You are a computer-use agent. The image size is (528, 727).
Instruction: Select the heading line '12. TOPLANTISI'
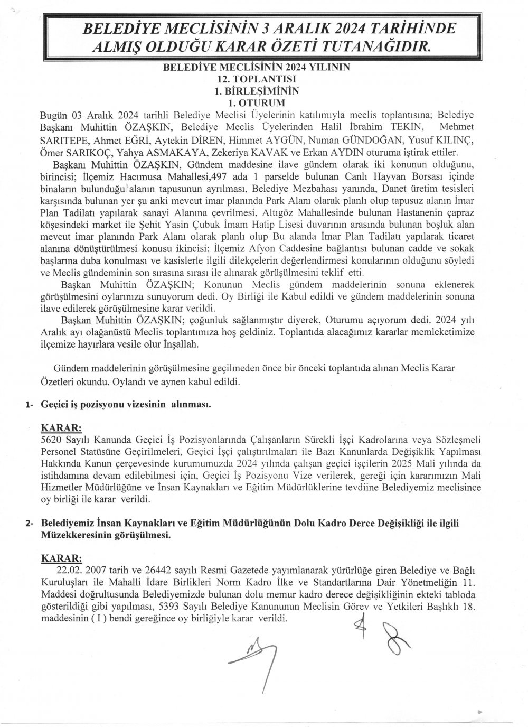[x=261, y=78]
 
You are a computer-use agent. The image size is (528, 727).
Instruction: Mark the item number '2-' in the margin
[x=30, y=524]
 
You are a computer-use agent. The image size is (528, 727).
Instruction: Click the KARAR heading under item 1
[x=61, y=427]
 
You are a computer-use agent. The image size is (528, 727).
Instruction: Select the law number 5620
[x=51, y=440]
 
